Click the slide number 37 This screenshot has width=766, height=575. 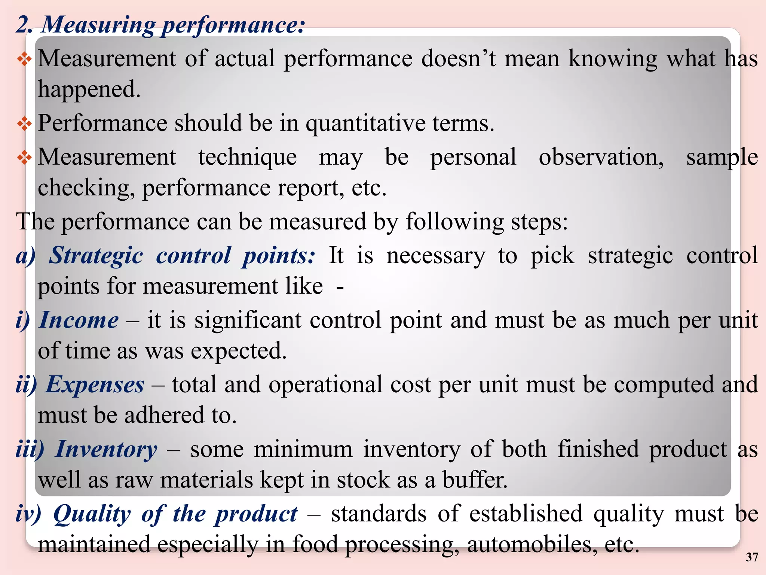click(752, 557)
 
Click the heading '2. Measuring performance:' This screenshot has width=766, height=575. click(160, 25)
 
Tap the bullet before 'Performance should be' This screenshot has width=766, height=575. click(24, 124)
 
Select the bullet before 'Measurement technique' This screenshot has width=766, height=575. click(24, 158)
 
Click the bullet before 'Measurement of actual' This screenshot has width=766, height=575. click(24, 59)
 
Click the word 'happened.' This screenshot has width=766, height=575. click(89, 90)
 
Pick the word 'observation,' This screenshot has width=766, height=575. click(601, 158)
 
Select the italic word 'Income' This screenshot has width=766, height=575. click(79, 320)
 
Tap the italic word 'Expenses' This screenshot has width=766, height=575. click(95, 385)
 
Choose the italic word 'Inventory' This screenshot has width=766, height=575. click(106, 450)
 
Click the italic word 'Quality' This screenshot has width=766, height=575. click(92, 514)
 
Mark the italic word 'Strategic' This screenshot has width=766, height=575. click(96, 256)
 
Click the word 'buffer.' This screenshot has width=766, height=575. click(475, 480)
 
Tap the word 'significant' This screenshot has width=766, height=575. click(248, 320)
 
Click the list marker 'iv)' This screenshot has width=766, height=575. click(28, 514)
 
